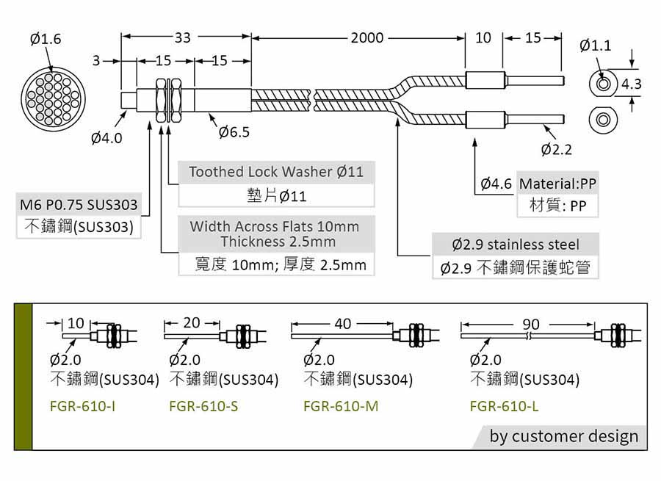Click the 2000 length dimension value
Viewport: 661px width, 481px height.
(x=366, y=38)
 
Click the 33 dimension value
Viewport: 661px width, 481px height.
(x=183, y=38)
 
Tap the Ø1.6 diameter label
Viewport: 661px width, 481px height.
(x=46, y=39)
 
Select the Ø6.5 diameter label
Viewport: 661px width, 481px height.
(x=234, y=132)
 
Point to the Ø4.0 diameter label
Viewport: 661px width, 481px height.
(x=106, y=137)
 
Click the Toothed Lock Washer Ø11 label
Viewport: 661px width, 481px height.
(x=276, y=172)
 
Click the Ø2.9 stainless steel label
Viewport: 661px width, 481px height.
(x=516, y=245)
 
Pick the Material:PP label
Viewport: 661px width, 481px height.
(x=558, y=184)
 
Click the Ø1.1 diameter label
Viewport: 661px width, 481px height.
(x=595, y=46)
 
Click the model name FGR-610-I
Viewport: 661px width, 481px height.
(x=82, y=405)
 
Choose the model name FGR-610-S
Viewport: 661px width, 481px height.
(x=203, y=405)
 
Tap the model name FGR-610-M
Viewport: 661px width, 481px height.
(x=341, y=405)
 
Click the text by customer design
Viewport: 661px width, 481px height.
(x=564, y=436)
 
